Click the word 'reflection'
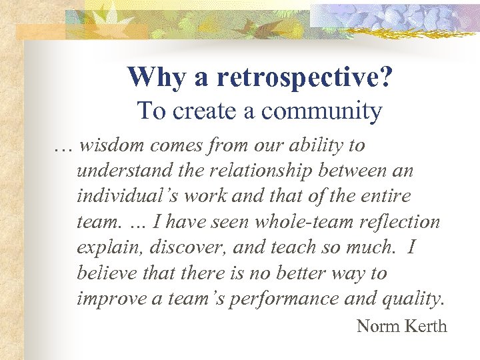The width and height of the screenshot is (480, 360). tap(403, 221)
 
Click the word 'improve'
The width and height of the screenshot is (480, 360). tap(107, 299)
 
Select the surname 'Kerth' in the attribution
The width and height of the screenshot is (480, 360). tap(425, 326)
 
